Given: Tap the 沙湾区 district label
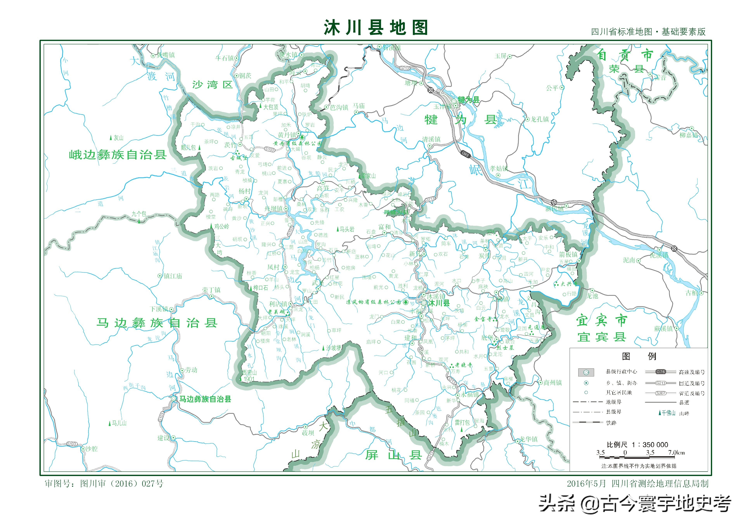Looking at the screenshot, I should [x=212, y=85].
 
